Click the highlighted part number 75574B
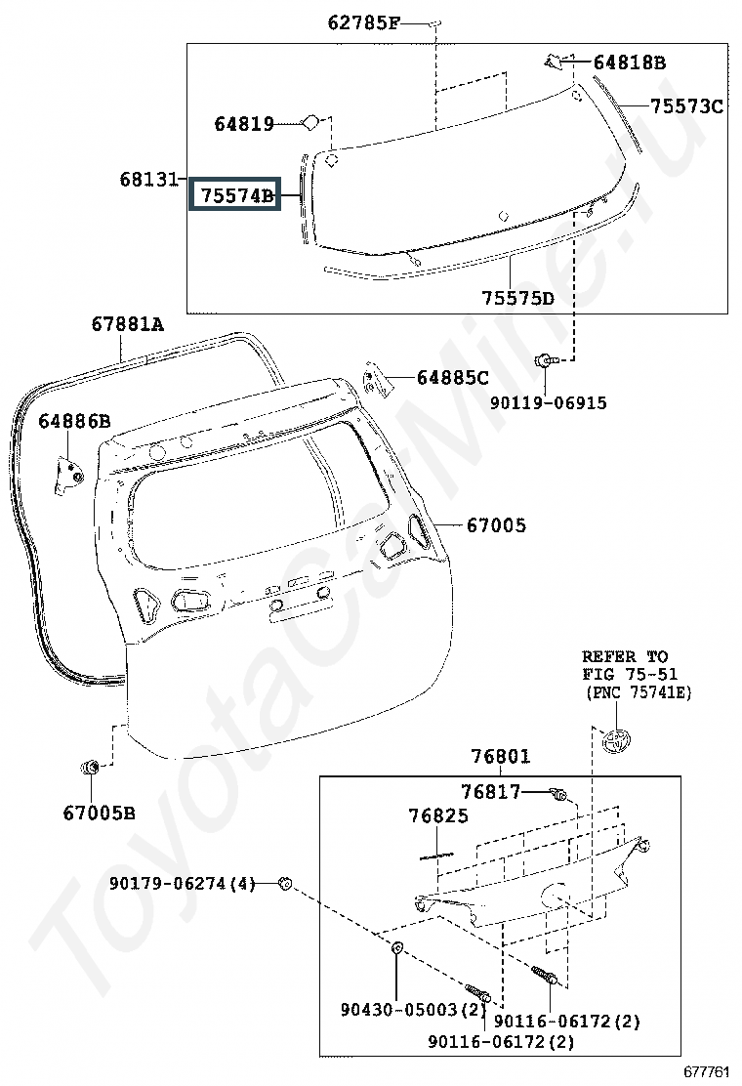[x=234, y=195]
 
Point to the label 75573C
[x=686, y=106]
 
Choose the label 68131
[x=149, y=179]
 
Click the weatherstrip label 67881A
[x=128, y=324]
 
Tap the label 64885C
[x=452, y=377]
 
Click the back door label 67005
[x=495, y=526]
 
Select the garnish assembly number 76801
[x=500, y=756]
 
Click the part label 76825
[x=438, y=815]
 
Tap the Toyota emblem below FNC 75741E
[x=617, y=741]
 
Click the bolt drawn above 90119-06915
[x=543, y=362]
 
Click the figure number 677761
[x=705, y=1072]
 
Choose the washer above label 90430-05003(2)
[x=398, y=947]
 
